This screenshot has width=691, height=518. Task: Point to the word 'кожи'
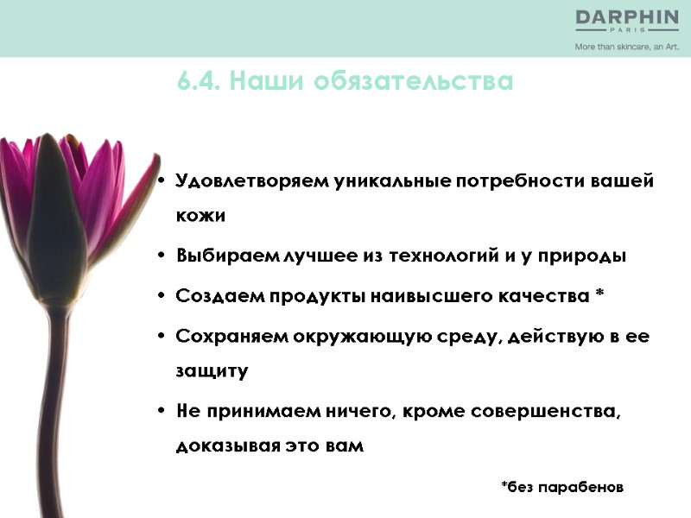200,216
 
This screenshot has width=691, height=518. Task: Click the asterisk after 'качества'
599,295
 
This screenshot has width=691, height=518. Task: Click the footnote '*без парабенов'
562,487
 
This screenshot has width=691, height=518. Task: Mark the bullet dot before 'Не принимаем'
162,412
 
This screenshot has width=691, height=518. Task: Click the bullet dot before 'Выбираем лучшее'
162,256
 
